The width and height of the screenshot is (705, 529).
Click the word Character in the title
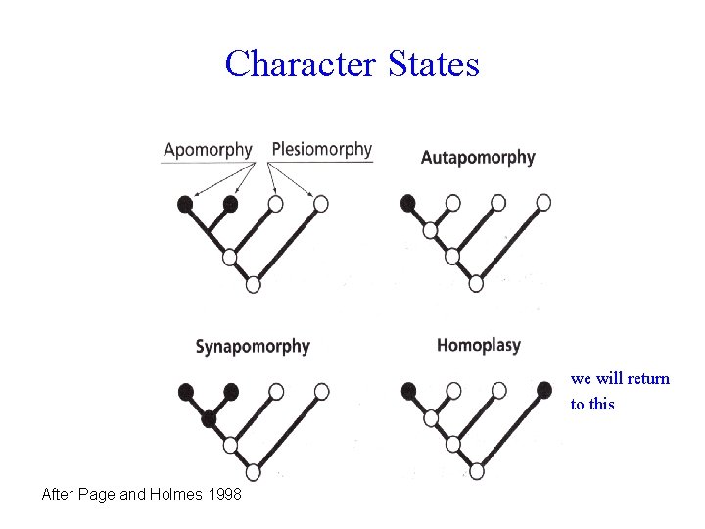tap(300, 65)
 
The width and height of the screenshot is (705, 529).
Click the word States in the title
tap(433, 65)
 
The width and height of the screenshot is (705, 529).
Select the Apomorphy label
tap(208, 150)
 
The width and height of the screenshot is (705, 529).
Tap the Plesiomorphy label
tap(322, 150)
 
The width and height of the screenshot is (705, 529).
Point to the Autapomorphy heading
tap(478, 157)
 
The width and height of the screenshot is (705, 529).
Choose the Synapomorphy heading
tap(253, 346)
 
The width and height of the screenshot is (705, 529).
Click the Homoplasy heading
tap(479, 345)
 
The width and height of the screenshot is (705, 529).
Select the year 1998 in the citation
tap(224, 495)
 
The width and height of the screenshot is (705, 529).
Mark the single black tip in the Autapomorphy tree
tap(408, 203)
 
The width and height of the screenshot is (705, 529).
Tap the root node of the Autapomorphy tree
tap(476, 284)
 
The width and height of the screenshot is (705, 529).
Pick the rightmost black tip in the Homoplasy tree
tap(544, 390)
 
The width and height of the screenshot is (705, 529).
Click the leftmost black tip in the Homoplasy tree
tap(408, 391)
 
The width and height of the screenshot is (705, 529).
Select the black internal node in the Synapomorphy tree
tap(209, 419)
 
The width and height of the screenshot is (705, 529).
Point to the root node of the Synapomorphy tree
tap(254, 472)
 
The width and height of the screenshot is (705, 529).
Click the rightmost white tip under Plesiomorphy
tap(320, 204)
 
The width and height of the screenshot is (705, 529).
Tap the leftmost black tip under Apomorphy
tap(185, 204)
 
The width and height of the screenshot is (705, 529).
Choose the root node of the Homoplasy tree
tap(476, 471)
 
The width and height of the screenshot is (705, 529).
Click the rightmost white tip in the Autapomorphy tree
tap(543, 203)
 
